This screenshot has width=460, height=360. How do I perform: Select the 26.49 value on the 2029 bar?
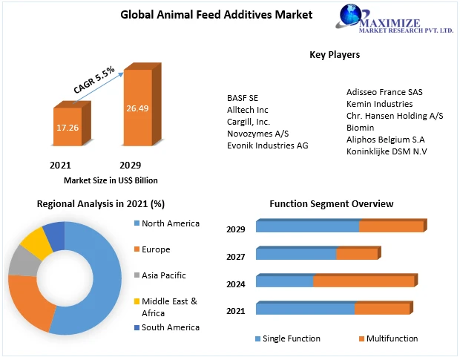pos(137,108)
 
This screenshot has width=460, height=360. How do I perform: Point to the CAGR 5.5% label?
pos(94,79)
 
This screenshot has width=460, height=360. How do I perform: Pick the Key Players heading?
pos(335,54)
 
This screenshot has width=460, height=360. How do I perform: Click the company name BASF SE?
pos(243,97)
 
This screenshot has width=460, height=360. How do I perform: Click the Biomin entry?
pos(361,128)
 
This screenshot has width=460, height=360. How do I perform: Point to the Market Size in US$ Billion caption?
pos(111,180)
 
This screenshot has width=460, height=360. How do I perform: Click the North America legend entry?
pos(170,223)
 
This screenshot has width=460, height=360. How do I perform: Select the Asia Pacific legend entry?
pos(163,275)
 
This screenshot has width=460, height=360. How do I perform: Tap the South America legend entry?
pos(170,327)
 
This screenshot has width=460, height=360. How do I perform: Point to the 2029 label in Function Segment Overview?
pos(236,229)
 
